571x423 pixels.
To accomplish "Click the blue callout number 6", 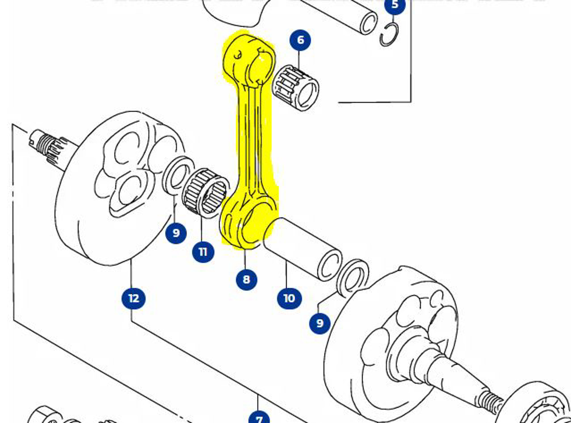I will tap(300, 40).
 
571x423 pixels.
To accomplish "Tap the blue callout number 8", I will tap(246, 279).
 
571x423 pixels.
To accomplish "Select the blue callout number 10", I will tap(289, 298).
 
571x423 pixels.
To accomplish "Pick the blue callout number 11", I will tap(203, 252).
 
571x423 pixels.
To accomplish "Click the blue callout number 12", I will tap(133, 298).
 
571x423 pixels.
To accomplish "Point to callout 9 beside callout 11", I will tap(176, 233).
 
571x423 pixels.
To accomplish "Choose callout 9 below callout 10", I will tap(320, 323).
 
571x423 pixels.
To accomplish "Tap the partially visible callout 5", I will tap(395, 5).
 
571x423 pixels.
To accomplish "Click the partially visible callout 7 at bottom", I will tap(259, 419).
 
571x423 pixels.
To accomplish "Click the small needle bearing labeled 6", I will tap(295, 87).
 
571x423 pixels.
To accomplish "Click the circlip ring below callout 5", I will tap(389, 34).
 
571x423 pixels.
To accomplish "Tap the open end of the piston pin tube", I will tap(367, 23).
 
